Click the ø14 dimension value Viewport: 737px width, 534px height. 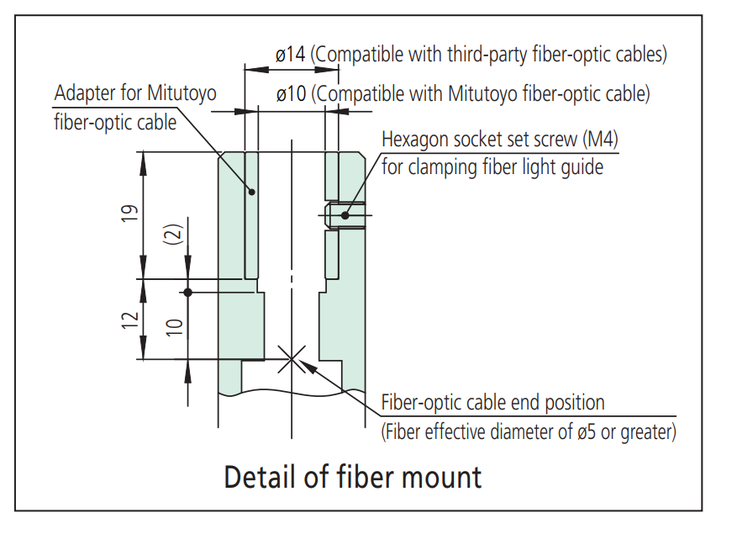(291, 55)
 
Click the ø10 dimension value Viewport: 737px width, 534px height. (291, 93)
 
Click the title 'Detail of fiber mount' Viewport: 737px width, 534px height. (352, 477)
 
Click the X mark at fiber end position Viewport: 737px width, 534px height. (291, 360)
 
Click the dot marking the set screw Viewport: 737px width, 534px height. (345, 215)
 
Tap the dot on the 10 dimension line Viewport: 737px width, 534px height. (187, 292)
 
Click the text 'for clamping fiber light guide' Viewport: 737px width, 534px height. (492, 167)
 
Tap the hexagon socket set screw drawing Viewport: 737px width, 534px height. (348, 215)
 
